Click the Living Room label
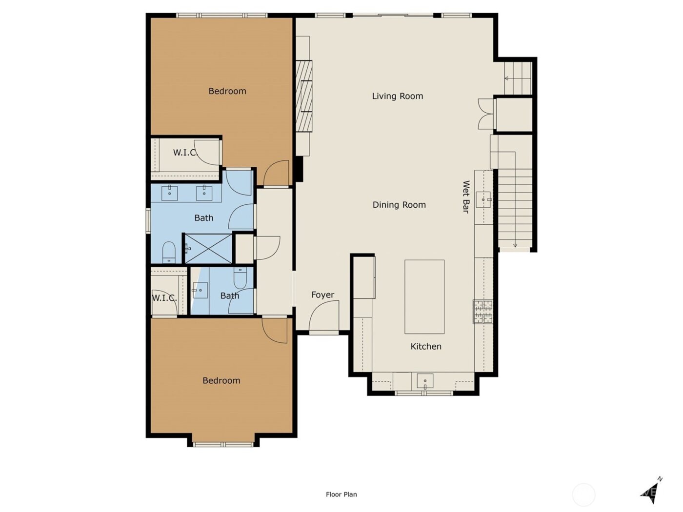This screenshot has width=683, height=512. click(x=397, y=96)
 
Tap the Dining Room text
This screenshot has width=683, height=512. click(x=399, y=205)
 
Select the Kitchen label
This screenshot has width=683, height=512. click(x=425, y=346)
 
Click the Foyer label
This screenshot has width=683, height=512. click(x=322, y=295)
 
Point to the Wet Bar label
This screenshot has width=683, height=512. click(x=465, y=197)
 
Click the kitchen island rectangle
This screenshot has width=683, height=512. click(x=424, y=296)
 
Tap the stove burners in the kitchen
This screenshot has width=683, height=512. click(x=482, y=312)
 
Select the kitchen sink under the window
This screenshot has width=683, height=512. click(x=425, y=380)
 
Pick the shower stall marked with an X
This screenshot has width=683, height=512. click(x=207, y=249)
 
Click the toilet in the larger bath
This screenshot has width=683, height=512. click(x=169, y=252)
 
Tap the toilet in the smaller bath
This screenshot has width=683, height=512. click(x=241, y=278)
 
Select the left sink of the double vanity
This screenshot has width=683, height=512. click(x=169, y=193)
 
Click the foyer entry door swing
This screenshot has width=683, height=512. click(x=324, y=317)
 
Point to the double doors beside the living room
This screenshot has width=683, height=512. click(x=486, y=114)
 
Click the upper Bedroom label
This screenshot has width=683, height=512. click(x=227, y=91)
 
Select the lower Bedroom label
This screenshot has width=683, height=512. click(x=221, y=380)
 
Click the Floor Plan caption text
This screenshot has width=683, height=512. click(x=341, y=494)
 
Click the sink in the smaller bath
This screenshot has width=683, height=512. click(x=200, y=290)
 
